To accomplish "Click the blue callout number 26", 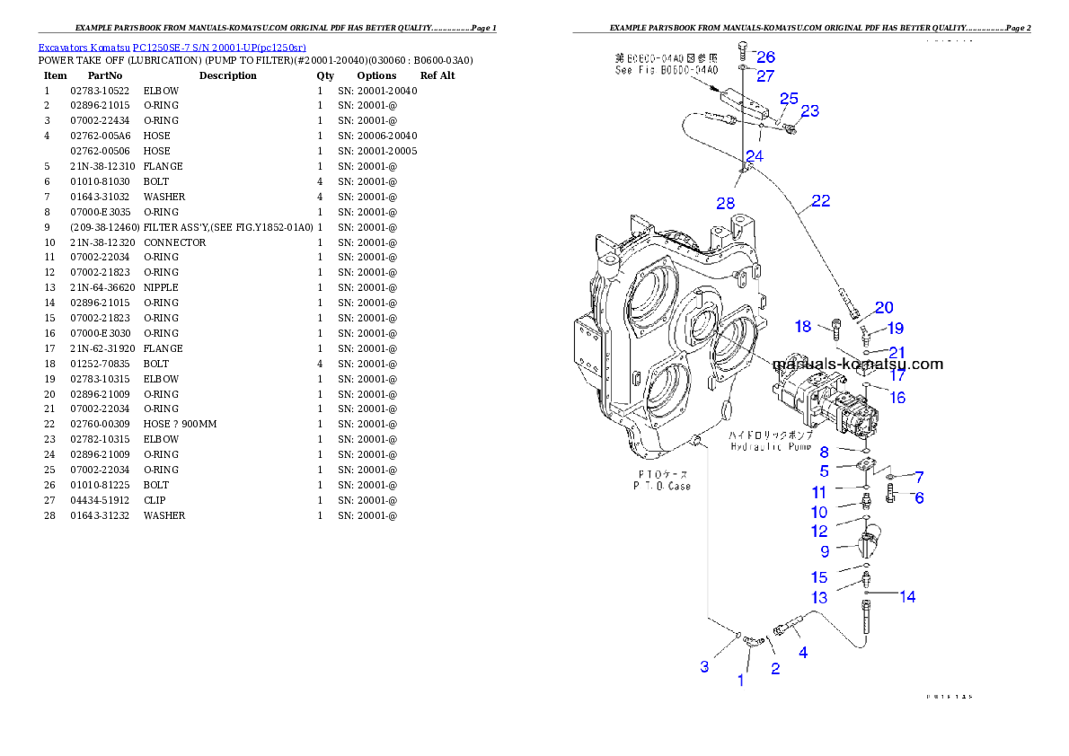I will (x=765, y=57).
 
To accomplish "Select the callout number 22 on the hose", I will (x=820, y=201).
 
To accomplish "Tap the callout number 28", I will (x=726, y=203).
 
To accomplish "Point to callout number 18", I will (x=803, y=326).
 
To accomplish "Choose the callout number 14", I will (x=907, y=596).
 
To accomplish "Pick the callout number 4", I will (x=803, y=653).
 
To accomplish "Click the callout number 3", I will (x=705, y=666).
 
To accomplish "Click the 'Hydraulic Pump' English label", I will (x=771, y=446).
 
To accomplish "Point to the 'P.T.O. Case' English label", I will (x=661, y=486).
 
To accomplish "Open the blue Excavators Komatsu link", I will (x=172, y=48).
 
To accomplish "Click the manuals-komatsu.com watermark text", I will (x=858, y=364).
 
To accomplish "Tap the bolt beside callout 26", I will (x=742, y=50).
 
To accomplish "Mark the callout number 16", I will (x=897, y=398).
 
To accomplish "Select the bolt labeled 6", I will (x=891, y=492).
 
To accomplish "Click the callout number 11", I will (x=818, y=492).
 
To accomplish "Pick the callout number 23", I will (x=810, y=110).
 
